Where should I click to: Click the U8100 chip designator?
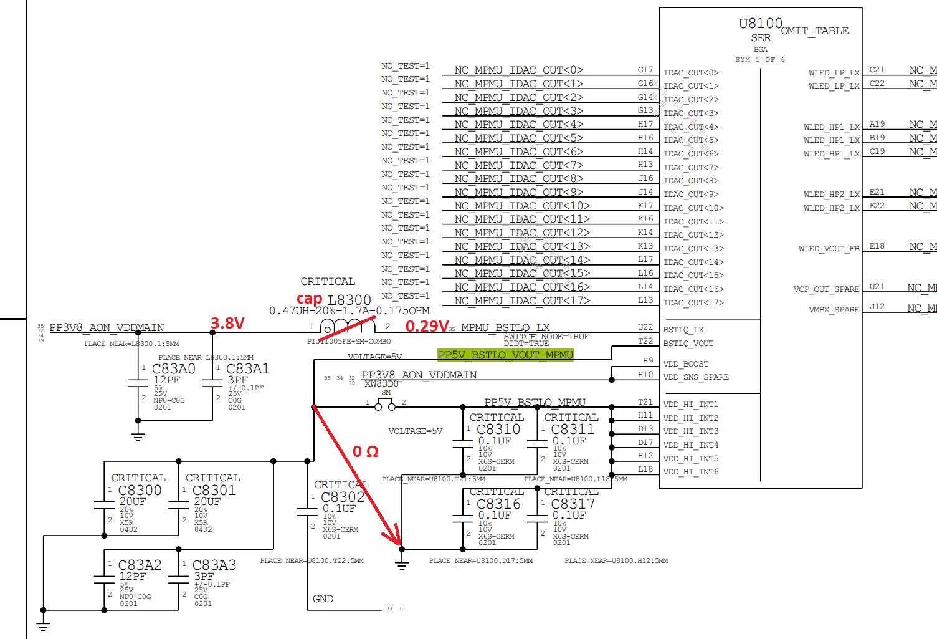(x=760, y=24)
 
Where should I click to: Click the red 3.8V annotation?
(x=227, y=323)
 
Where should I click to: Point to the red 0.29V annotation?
(x=427, y=326)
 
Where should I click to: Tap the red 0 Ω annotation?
(x=366, y=451)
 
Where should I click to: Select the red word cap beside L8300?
(x=309, y=299)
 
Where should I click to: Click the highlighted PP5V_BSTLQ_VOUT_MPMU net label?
(x=505, y=355)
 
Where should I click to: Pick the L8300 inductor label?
(x=350, y=300)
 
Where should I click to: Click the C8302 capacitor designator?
(x=343, y=497)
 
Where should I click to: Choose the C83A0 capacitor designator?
(x=174, y=369)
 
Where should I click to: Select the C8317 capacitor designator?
(x=573, y=504)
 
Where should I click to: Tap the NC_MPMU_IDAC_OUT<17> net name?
(x=522, y=300)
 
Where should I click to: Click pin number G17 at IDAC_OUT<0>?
(x=645, y=70)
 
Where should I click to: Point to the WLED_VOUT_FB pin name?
(x=829, y=249)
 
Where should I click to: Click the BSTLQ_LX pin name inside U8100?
(x=683, y=330)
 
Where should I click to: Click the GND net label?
(x=323, y=598)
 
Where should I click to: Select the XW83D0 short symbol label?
(x=381, y=384)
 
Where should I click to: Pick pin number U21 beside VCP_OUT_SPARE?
(x=877, y=287)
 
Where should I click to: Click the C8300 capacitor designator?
(x=140, y=491)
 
